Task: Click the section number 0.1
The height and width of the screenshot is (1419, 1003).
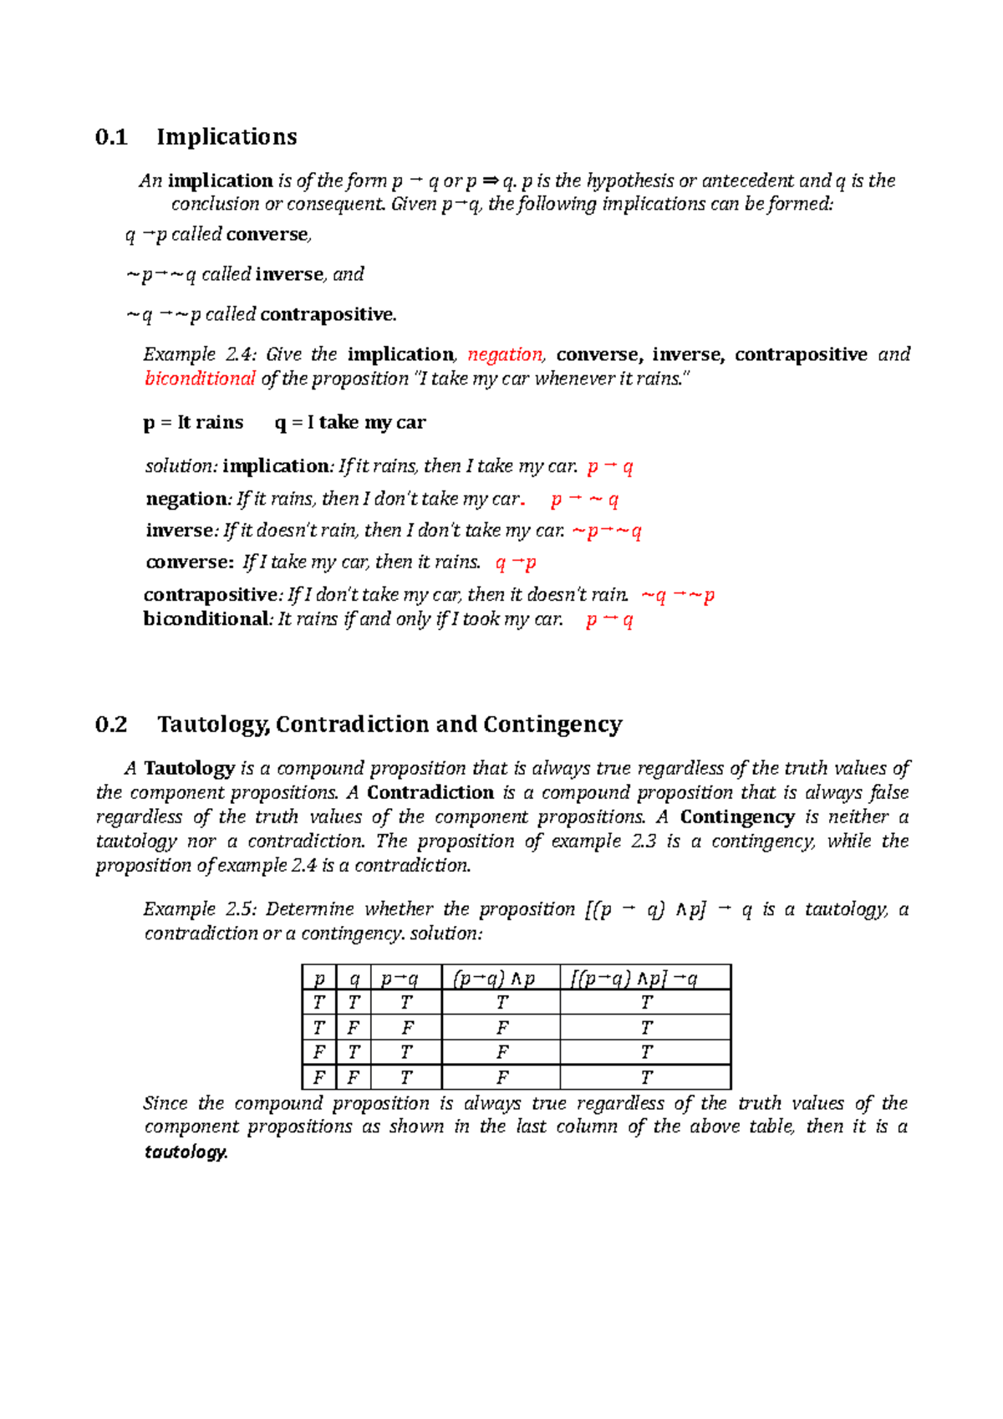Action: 111,137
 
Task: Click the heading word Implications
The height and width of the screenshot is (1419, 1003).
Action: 227,137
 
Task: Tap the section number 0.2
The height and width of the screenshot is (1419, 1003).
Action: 111,725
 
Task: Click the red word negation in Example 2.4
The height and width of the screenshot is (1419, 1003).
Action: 505,354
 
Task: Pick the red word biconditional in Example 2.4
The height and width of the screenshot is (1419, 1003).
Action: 200,379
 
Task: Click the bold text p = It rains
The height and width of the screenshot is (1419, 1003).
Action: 193,423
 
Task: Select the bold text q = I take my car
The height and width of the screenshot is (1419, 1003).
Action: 350,423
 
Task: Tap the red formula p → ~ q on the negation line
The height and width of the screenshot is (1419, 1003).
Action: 584,500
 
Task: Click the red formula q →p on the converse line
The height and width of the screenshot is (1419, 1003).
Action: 516,562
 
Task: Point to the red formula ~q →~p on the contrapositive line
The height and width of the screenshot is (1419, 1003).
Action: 677,595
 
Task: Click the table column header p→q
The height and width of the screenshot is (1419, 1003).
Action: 399,979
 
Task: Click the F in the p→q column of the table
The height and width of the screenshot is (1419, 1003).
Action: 407,1028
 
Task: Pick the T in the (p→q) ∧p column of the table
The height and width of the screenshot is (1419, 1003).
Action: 501,1003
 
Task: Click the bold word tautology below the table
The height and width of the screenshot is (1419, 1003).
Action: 185,1152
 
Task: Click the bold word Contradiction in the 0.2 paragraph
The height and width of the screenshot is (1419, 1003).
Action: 430,793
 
